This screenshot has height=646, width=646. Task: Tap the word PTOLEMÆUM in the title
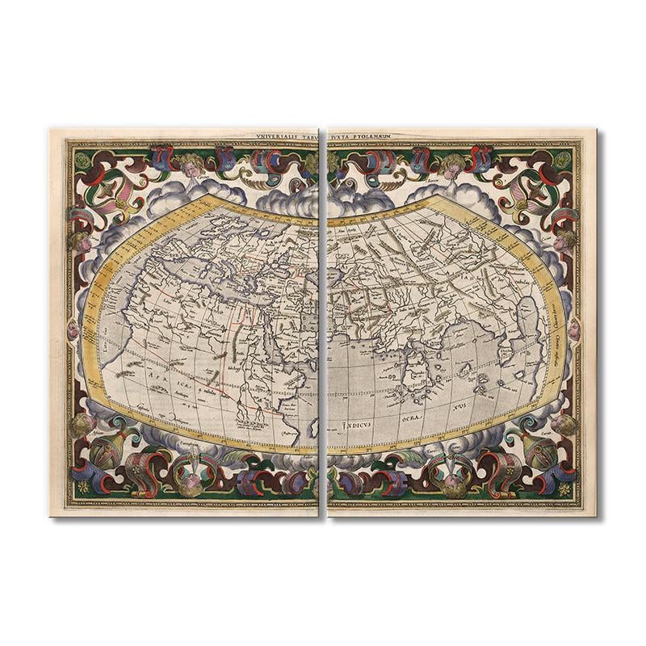369,138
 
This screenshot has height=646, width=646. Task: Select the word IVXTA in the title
338,138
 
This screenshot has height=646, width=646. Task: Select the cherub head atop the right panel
452,166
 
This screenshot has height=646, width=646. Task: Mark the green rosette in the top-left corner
82,159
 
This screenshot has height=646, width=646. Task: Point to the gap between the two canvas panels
323,323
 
